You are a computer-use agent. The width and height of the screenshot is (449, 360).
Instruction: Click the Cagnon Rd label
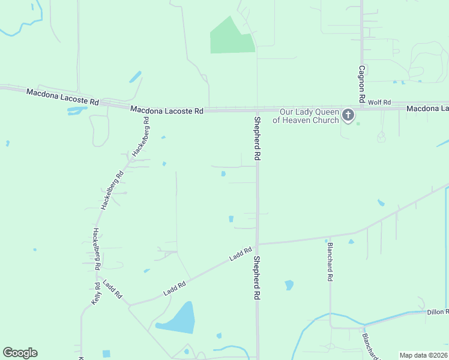pyautogui.click(x=362, y=83)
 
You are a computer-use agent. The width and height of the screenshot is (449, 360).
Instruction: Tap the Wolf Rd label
pyautogui.click(x=379, y=103)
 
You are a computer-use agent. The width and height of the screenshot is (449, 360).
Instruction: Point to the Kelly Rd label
pyautogui.click(x=95, y=293)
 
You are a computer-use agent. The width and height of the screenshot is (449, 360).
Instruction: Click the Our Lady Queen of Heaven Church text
pyautogui.click(x=306, y=116)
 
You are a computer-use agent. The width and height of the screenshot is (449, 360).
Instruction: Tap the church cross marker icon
pyautogui.click(x=348, y=115)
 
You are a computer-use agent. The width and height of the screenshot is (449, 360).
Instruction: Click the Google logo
pyautogui.click(x=20, y=353)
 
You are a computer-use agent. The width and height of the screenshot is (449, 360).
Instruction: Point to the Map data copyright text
pyautogui.click(x=424, y=355)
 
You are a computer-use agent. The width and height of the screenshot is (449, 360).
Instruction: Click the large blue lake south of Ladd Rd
pyautogui.click(x=178, y=319)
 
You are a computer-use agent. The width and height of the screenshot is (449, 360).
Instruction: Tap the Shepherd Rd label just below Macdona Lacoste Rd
pyautogui.click(x=257, y=139)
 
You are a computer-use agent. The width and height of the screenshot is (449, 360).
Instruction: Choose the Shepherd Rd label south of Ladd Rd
pyautogui.click(x=256, y=278)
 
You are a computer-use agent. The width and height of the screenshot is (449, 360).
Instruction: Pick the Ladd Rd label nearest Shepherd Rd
pyautogui.click(x=240, y=254)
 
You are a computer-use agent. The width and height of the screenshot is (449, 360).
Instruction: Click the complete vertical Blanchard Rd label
pyautogui.click(x=330, y=261)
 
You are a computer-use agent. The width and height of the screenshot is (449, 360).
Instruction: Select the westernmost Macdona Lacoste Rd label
pyautogui.click(x=62, y=97)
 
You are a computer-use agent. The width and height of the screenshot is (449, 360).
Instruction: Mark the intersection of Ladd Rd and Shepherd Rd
pyautogui.click(x=258, y=244)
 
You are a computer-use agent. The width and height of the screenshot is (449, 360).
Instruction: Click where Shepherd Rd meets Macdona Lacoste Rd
pyautogui.click(x=258, y=110)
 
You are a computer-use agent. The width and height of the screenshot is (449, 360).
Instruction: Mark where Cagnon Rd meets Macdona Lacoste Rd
pyautogui.click(x=361, y=108)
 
